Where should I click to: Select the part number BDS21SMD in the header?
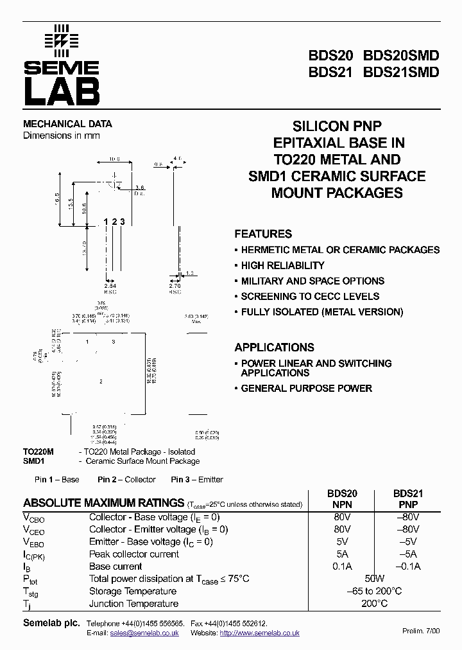[x=401, y=72]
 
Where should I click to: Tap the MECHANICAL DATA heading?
[x=67, y=124]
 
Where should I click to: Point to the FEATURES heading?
[x=263, y=234]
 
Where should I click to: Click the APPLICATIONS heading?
[x=274, y=347]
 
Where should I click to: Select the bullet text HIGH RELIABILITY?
[x=282, y=265]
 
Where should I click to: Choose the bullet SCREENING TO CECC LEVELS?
[x=310, y=296]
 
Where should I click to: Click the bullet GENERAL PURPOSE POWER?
[x=306, y=388]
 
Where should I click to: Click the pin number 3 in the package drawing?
[x=122, y=222]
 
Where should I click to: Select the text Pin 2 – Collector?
[x=126, y=479]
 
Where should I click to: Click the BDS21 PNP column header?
[x=407, y=499]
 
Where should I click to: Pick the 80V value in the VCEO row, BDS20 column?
[x=343, y=529]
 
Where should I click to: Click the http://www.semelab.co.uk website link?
[x=259, y=633]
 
